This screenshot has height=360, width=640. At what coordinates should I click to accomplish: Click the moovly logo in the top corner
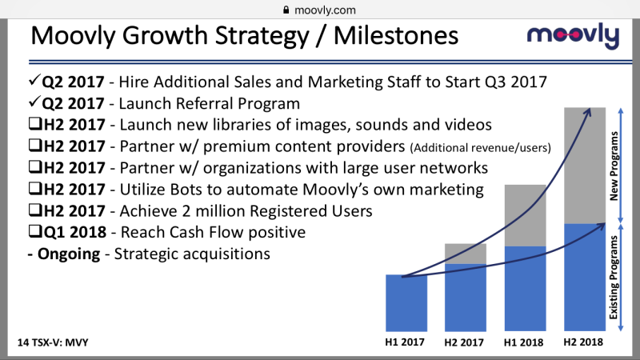coord(573,36)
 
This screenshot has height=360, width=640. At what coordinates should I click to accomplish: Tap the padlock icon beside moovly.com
coord(286,10)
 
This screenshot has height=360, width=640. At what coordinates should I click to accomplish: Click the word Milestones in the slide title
coord(396,35)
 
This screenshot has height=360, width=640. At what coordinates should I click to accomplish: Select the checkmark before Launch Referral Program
coord(34,102)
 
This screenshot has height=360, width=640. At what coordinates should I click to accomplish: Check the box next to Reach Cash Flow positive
coord(35,231)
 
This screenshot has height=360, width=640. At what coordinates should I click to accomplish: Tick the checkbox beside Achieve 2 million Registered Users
coord(35,210)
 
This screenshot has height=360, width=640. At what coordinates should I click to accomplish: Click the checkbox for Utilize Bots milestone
coord(35,188)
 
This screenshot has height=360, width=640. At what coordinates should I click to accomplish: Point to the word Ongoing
coord(69,254)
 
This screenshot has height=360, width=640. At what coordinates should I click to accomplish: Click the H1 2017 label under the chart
coord(405,342)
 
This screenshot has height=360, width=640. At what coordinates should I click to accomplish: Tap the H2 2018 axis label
coord(583,342)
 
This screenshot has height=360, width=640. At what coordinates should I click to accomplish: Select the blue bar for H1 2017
coord(406,303)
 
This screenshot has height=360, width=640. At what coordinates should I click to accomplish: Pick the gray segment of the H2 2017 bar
coord(466,254)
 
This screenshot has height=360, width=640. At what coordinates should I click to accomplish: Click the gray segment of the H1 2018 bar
coord(526,215)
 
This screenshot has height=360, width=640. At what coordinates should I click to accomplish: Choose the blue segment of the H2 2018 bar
coord(585,277)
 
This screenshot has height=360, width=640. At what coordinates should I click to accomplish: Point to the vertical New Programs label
coord(614,166)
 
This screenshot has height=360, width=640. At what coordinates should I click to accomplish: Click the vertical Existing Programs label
coord(614,278)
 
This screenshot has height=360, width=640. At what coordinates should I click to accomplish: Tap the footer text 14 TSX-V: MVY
coord(53,342)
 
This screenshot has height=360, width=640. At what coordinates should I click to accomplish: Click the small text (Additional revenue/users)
coord(481,147)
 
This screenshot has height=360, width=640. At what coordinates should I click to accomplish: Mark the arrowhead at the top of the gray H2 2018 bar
coord(587,113)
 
